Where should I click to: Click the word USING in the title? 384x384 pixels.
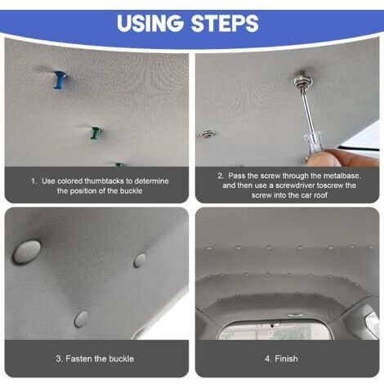(x=150, y=23)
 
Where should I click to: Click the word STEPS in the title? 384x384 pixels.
(x=225, y=23)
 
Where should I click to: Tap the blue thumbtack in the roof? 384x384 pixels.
(x=60, y=80)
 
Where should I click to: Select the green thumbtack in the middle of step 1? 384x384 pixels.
(x=96, y=133)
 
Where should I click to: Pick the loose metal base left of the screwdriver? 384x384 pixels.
(x=208, y=133)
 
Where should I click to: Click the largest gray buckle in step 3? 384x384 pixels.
(x=27, y=252)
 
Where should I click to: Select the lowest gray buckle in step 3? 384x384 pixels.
(x=82, y=319)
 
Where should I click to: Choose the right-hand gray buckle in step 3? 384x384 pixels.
(x=140, y=260)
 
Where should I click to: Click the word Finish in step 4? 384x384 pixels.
(x=286, y=359)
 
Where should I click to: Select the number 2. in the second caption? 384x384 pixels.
(x=221, y=176)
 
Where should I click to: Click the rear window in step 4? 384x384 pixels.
(x=275, y=330)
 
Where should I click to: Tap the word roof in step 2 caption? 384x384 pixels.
(x=320, y=195)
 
